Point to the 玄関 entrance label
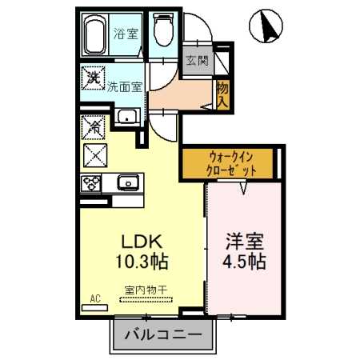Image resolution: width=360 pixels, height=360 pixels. [196, 61]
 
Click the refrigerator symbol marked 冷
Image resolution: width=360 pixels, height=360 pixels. [92, 126]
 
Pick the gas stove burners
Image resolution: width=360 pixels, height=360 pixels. [90, 182]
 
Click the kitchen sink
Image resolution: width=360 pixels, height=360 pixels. [127, 182]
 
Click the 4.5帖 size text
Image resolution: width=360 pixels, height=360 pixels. [244, 262]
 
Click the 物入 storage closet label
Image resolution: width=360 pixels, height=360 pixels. [222, 94]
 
